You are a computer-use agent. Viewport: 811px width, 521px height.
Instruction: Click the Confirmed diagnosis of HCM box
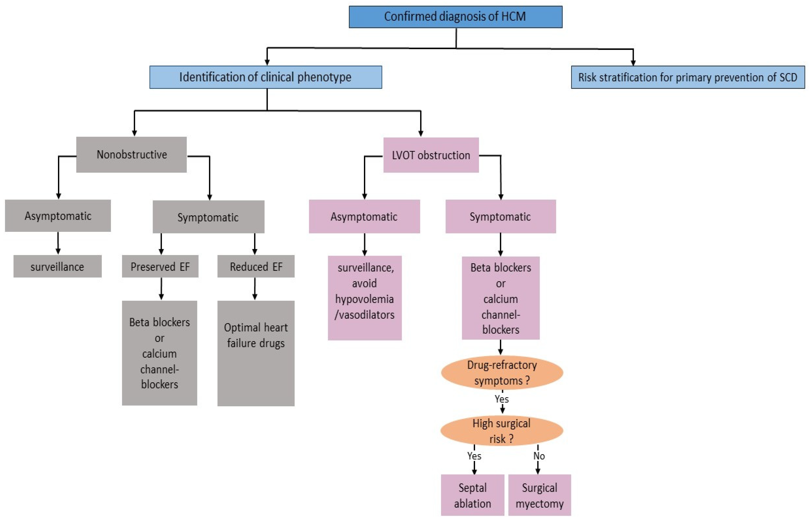[x=455, y=16]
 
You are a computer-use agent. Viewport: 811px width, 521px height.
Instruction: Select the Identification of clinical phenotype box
[x=266, y=77]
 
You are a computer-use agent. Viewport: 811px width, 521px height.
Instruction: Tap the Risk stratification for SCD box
[x=687, y=77]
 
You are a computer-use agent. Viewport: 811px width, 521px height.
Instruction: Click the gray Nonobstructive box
[x=131, y=155]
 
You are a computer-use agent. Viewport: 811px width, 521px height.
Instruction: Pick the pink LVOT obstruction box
[x=431, y=155]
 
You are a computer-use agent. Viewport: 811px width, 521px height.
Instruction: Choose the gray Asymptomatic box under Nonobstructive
[x=58, y=216]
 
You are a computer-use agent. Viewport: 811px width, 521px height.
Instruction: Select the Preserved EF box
[x=160, y=267]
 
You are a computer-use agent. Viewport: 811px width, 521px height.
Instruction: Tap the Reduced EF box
[x=256, y=267]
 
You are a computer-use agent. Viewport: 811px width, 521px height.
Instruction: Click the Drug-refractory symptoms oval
[x=502, y=373]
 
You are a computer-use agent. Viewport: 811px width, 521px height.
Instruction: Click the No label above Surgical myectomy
[x=539, y=456]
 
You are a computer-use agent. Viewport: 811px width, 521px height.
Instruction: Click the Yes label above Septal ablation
[x=474, y=456]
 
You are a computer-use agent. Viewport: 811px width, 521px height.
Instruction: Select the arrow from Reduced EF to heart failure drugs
[x=255, y=288]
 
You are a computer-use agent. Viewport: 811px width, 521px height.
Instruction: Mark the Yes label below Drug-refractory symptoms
[x=501, y=399]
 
